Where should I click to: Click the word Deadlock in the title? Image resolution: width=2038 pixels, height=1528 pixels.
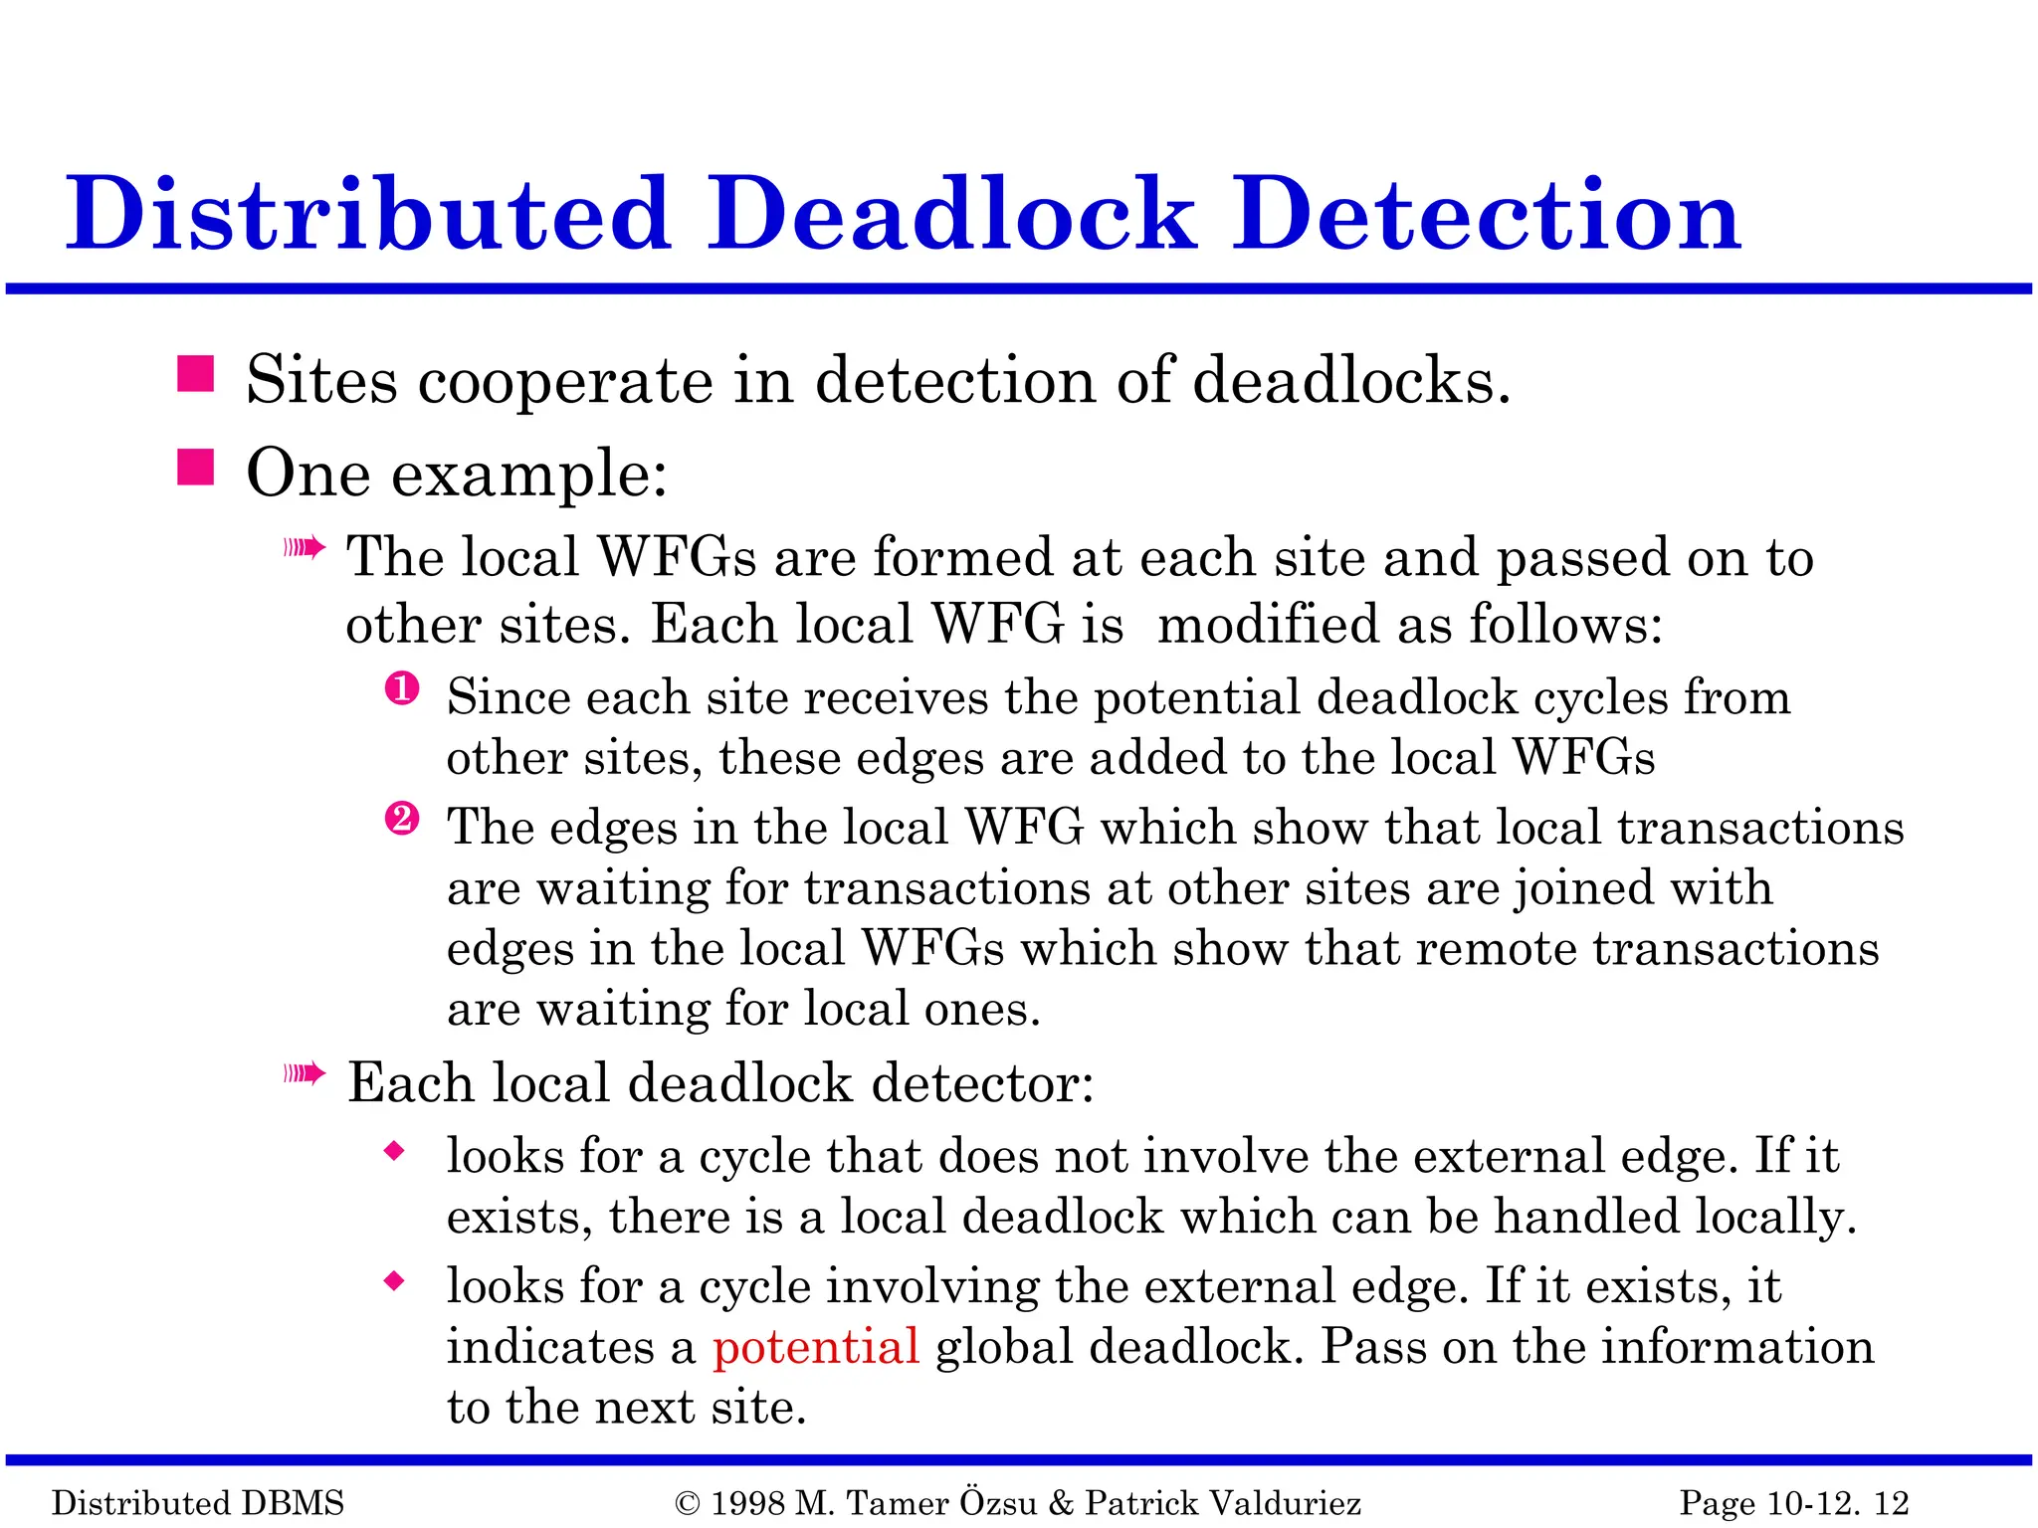tap(950, 214)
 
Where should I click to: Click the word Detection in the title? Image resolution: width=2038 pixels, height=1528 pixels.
tap(1487, 214)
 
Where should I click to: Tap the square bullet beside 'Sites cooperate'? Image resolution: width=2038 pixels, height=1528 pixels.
tap(196, 375)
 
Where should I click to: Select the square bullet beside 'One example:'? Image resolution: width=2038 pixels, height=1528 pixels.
tap(196, 467)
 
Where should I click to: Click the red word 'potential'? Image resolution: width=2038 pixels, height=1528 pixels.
tap(815, 1346)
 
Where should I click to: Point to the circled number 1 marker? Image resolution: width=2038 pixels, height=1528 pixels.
tap(402, 689)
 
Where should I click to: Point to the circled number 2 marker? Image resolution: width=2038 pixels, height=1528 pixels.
tap(402, 820)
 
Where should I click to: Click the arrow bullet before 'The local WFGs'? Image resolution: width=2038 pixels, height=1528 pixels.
tap(305, 547)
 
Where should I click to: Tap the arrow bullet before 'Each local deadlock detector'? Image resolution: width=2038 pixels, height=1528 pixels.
tap(305, 1073)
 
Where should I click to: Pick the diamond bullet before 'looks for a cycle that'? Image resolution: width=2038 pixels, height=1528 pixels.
tap(395, 1152)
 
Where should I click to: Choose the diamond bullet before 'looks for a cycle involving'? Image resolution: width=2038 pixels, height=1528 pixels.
tap(395, 1281)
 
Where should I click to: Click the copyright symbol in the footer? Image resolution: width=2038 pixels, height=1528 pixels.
tap(687, 1503)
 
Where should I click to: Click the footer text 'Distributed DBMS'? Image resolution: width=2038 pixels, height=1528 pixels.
tap(198, 1503)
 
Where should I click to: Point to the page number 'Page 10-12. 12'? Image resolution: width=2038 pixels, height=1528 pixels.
tap(1794, 1503)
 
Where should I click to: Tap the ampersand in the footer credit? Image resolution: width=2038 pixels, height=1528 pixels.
tap(1061, 1503)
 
